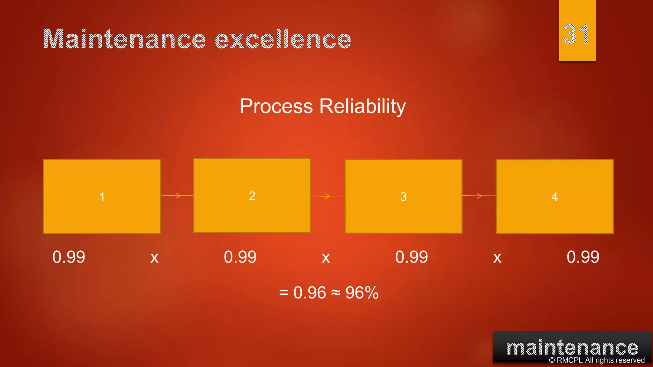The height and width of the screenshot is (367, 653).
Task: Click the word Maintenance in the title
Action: coord(124,39)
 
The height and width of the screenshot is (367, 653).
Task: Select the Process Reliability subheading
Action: coord(323,106)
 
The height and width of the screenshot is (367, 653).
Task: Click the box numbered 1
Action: coord(102,197)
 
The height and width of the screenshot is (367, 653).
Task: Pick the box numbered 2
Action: coord(252,196)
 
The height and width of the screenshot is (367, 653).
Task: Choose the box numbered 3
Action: coord(403,196)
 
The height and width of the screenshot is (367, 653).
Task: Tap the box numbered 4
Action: coord(554,197)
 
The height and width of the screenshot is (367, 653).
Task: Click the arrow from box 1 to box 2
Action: coord(177,195)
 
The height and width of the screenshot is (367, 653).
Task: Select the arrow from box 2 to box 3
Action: coord(327,196)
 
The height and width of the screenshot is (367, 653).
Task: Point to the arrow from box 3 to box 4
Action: coord(479,196)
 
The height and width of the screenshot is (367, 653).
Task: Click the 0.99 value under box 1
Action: coord(69,257)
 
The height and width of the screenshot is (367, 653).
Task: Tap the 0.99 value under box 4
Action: coord(583,257)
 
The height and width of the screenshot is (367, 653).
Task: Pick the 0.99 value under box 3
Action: coord(411,257)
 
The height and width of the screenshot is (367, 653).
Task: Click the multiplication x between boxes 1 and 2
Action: coord(154,258)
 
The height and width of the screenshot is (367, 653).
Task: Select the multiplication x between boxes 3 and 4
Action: coord(497,258)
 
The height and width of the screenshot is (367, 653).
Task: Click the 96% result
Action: coord(362,292)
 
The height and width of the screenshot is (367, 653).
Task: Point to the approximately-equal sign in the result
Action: coord(336,293)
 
